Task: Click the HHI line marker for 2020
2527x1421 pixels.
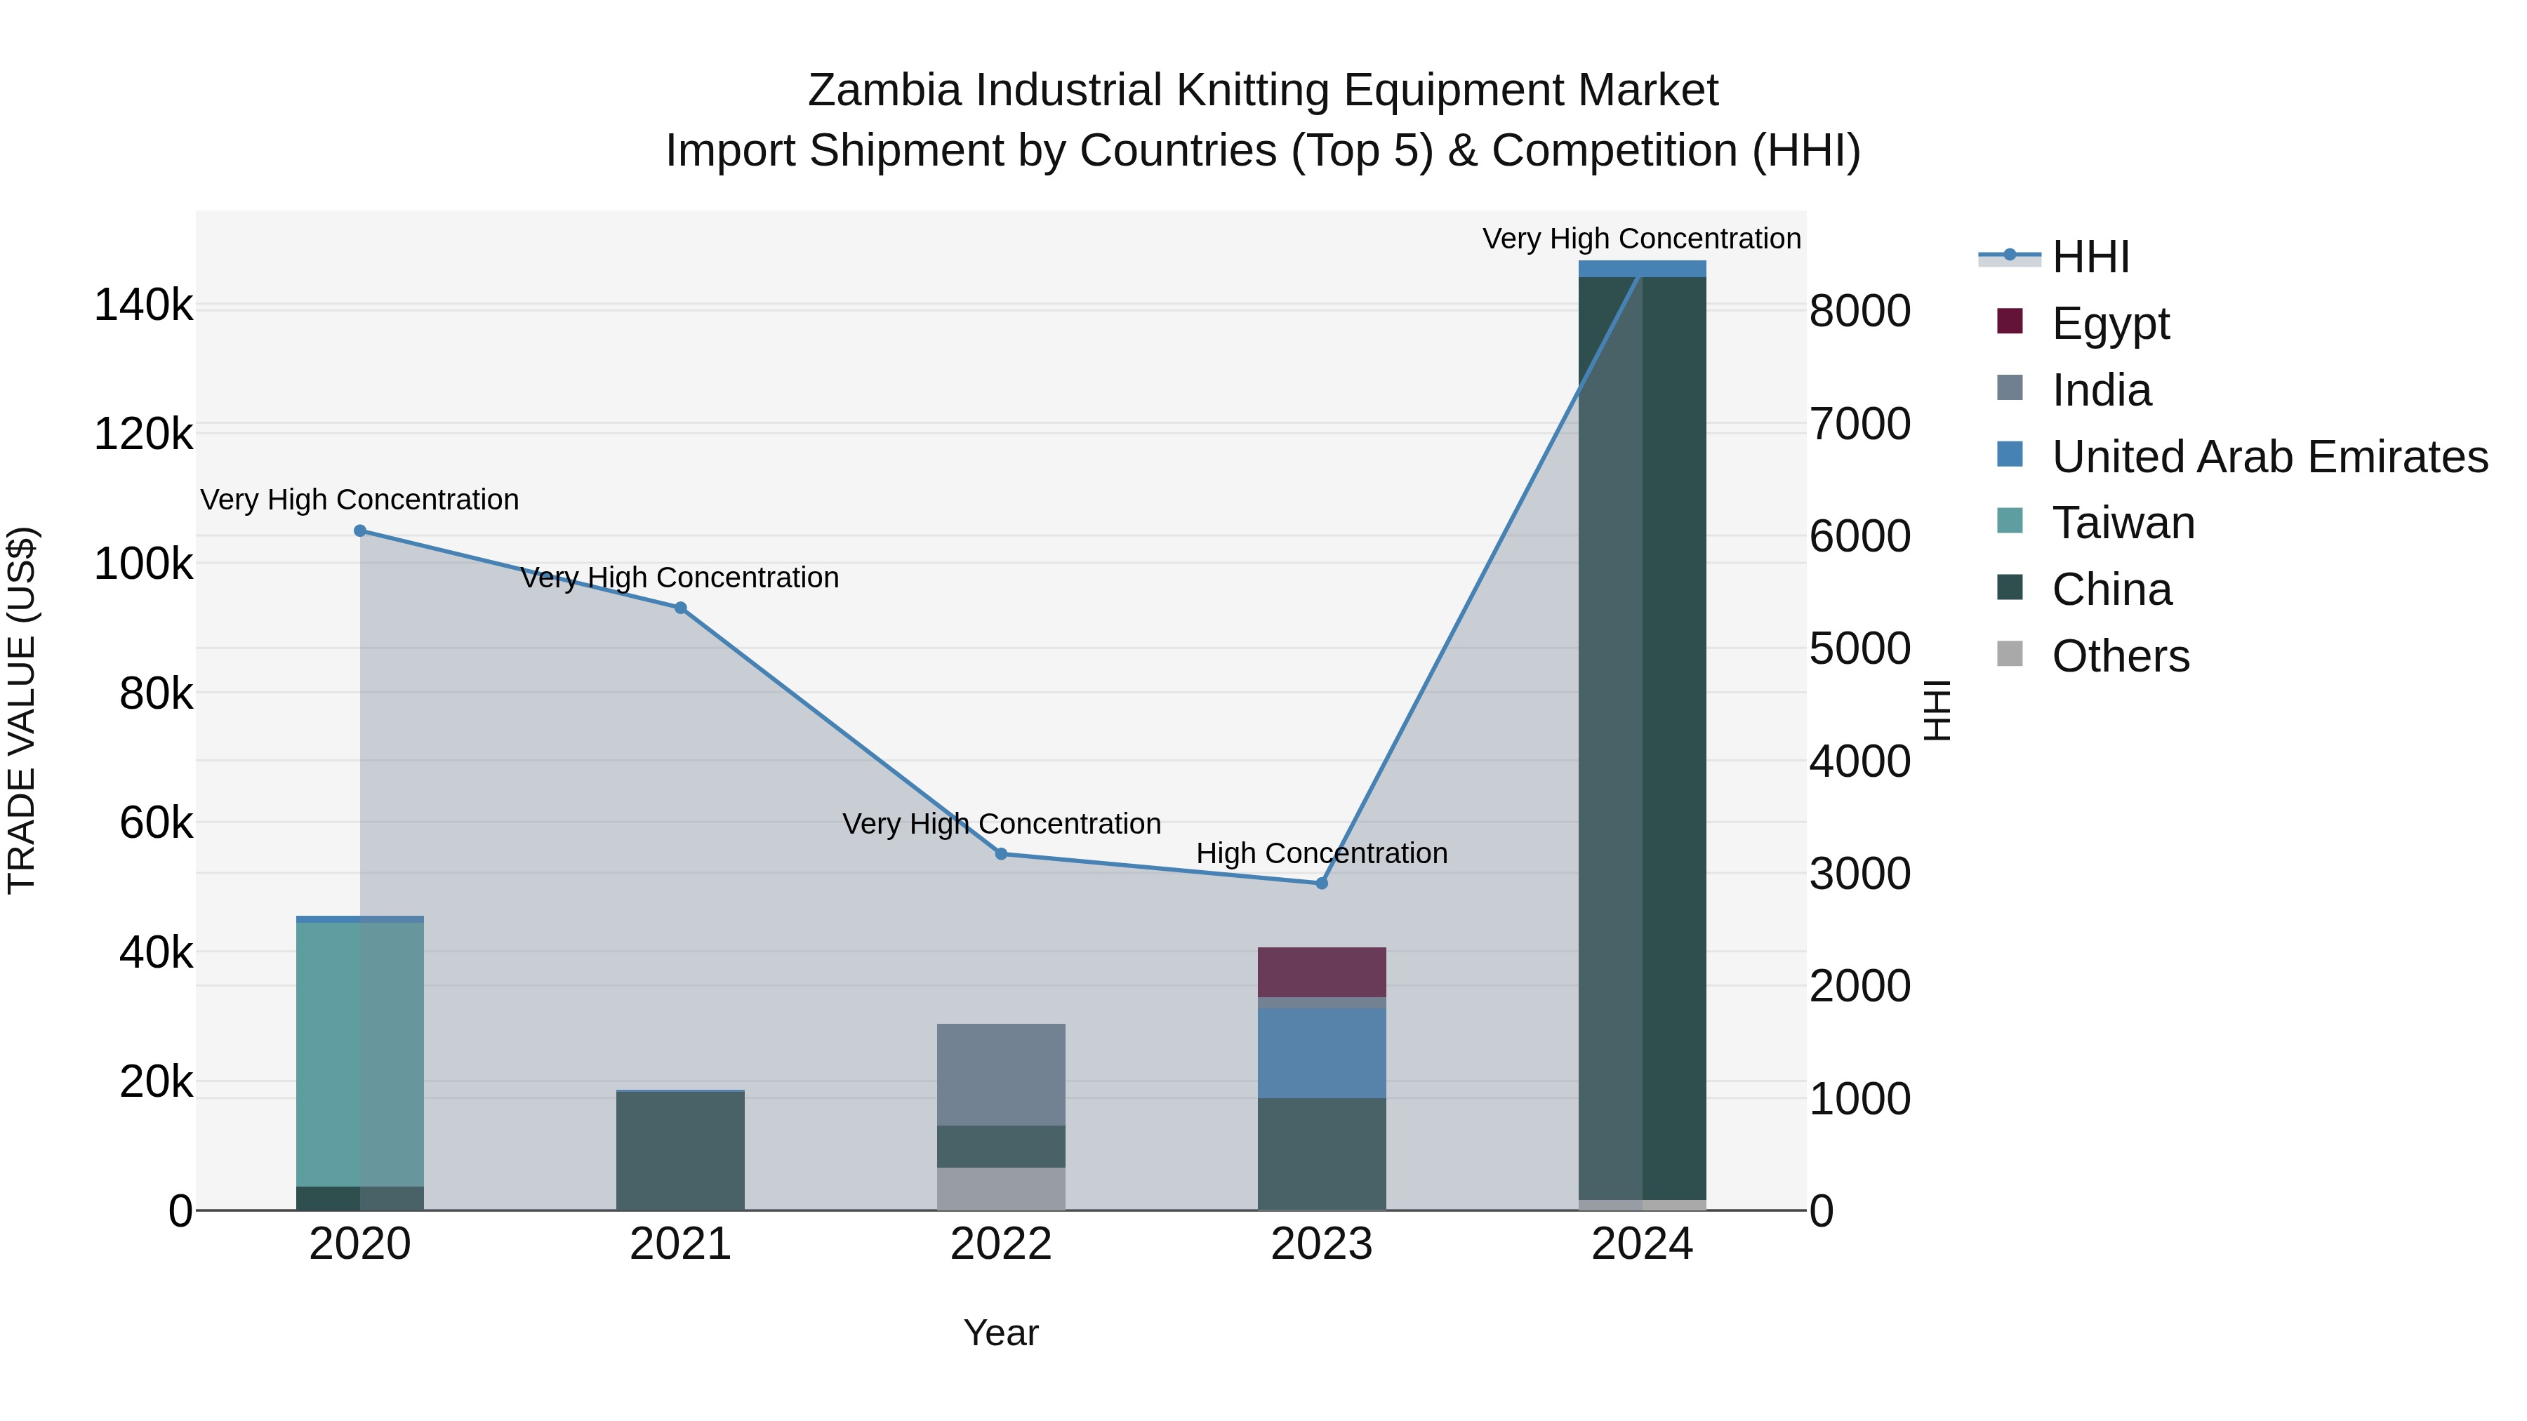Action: tap(360, 531)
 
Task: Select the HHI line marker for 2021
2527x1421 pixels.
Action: tap(681, 608)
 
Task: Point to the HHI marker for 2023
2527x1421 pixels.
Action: tap(1321, 883)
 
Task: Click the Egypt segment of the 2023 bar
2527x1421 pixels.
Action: tap(1321, 972)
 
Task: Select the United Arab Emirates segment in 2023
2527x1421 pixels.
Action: tap(1321, 1053)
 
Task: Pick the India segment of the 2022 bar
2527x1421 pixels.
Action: tap(1000, 1075)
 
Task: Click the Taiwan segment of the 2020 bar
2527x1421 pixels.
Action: tap(360, 1054)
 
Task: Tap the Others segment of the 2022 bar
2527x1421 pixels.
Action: tap(1000, 1189)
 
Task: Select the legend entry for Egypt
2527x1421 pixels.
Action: tap(2110, 323)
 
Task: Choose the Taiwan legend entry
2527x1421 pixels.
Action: tap(2123, 523)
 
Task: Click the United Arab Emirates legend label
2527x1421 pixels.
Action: tap(2269, 457)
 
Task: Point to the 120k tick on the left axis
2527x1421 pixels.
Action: tap(143, 434)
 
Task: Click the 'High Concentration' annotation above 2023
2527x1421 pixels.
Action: tap(1321, 853)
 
